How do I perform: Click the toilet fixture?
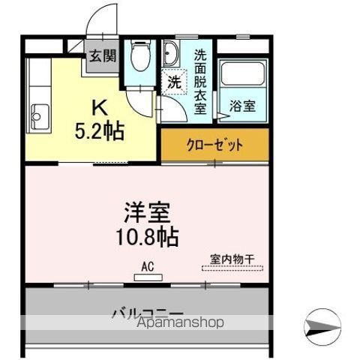(x=140, y=55)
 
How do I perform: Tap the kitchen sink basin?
(x=40, y=117)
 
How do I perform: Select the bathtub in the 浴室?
(x=242, y=73)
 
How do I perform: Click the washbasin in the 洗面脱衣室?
(x=171, y=53)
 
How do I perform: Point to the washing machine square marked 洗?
(x=174, y=82)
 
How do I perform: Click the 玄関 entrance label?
(x=103, y=55)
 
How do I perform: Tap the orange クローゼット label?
(x=214, y=145)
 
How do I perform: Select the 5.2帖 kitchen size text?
(x=100, y=130)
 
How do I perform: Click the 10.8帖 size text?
(x=147, y=236)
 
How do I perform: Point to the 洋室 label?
(x=148, y=212)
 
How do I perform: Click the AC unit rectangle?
(x=148, y=277)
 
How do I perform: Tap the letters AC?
(x=148, y=266)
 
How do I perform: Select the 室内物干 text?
(x=232, y=259)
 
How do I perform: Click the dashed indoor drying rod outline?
(x=232, y=268)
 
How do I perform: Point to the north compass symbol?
(x=322, y=327)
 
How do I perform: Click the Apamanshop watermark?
(x=181, y=322)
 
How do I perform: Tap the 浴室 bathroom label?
(x=242, y=106)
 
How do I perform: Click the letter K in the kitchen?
(x=100, y=107)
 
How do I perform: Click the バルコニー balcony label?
(x=148, y=313)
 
